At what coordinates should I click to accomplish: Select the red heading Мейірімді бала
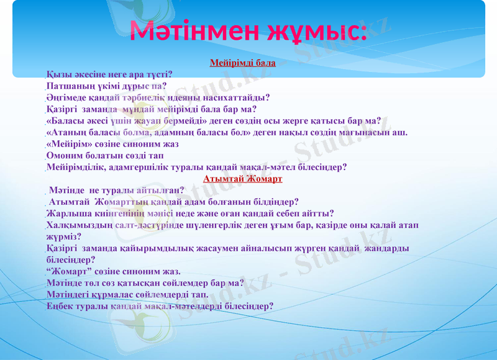pyautogui.click(x=243, y=63)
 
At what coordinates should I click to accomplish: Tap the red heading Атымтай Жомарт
pyautogui.click(x=243, y=179)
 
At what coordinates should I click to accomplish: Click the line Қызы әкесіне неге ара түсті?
pyautogui.click(x=109, y=74)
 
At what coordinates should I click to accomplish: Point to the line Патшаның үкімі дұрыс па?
pyautogui.click(x=106, y=86)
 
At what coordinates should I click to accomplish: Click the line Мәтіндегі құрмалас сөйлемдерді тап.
pyautogui.click(x=127, y=295)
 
